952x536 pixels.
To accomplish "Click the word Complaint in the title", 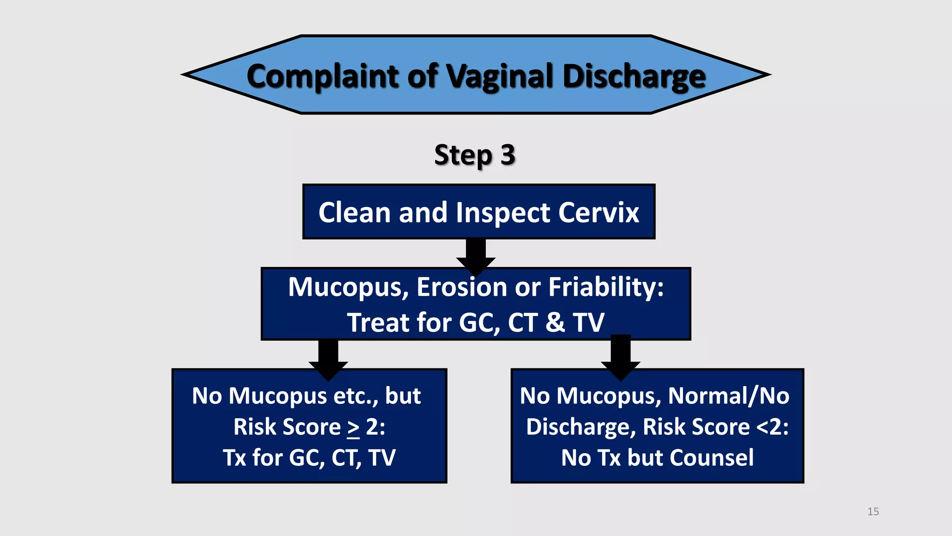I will (x=323, y=76).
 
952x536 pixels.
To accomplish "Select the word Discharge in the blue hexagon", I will (x=634, y=76).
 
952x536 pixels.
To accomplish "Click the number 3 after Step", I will (x=508, y=155).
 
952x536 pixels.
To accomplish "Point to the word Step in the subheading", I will (x=463, y=155).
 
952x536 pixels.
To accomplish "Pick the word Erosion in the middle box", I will (x=462, y=287).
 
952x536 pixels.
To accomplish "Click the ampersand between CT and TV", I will (x=555, y=322).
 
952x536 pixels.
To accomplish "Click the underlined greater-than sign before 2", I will (x=353, y=428).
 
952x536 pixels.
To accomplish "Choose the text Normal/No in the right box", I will (x=728, y=396).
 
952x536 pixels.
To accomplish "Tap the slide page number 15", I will (x=873, y=512).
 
